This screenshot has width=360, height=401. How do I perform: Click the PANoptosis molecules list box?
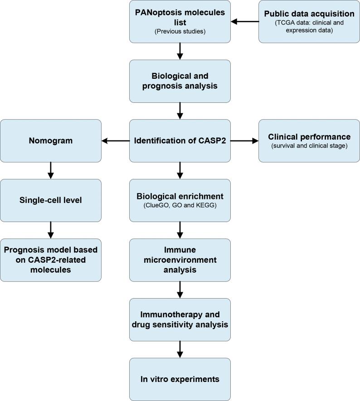[x=180, y=21]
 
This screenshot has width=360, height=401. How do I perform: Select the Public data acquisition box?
[x=309, y=21]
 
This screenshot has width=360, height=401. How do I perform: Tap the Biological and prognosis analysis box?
[x=180, y=81]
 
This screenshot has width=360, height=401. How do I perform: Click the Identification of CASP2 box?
[x=180, y=141]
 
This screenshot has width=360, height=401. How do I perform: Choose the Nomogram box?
[x=51, y=141]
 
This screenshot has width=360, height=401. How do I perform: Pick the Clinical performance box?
[x=309, y=141]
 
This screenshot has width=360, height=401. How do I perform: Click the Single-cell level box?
[x=51, y=200]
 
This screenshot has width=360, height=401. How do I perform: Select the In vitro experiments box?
[x=180, y=379]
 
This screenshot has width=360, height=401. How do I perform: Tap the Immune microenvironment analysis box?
[x=180, y=260]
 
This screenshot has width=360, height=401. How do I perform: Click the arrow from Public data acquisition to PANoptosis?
[x=245, y=21]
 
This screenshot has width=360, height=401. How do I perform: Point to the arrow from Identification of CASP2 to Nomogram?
[x=116, y=141]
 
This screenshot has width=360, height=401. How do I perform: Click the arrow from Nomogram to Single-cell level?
[x=51, y=170]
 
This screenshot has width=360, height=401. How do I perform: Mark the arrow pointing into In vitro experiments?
[x=180, y=349]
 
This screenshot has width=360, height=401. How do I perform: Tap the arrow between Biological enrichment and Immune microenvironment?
[x=180, y=230]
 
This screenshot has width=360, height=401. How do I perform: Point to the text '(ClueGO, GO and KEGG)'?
[x=180, y=206]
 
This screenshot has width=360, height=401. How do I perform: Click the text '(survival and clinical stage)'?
[x=309, y=146]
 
